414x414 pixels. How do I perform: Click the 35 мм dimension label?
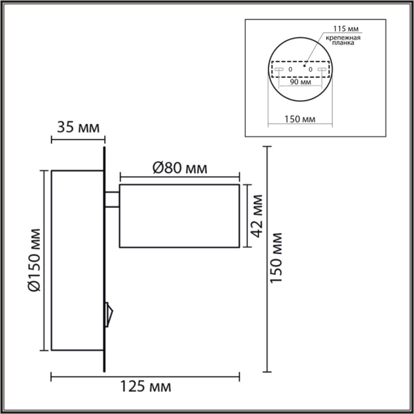point(77,127)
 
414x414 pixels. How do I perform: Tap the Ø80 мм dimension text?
point(179,168)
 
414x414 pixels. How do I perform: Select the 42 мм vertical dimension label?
point(257,216)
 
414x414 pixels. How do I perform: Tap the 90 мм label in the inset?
point(299,81)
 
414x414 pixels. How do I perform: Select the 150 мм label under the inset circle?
point(299,119)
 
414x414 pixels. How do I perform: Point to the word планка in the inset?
point(341,42)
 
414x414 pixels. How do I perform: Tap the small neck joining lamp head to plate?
point(111,199)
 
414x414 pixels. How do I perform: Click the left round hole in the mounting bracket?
point(290,70)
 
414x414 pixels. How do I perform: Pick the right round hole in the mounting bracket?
point(310,70)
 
